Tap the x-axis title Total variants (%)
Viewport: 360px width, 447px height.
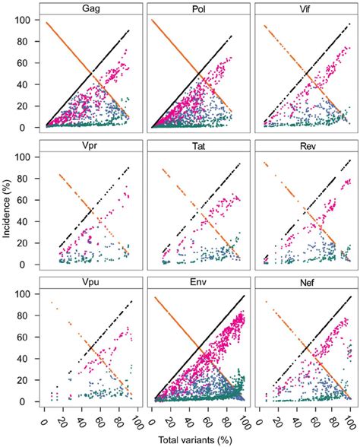click(196, 440)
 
